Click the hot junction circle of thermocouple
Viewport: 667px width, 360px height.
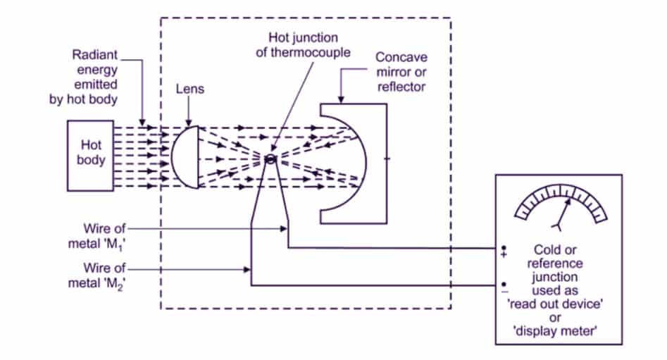click(270, 159)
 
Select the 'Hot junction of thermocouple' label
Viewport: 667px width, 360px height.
click(310, 42)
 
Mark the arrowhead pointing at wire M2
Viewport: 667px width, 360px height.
click(248, 269)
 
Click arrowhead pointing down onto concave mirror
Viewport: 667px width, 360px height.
click(342, 99)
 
